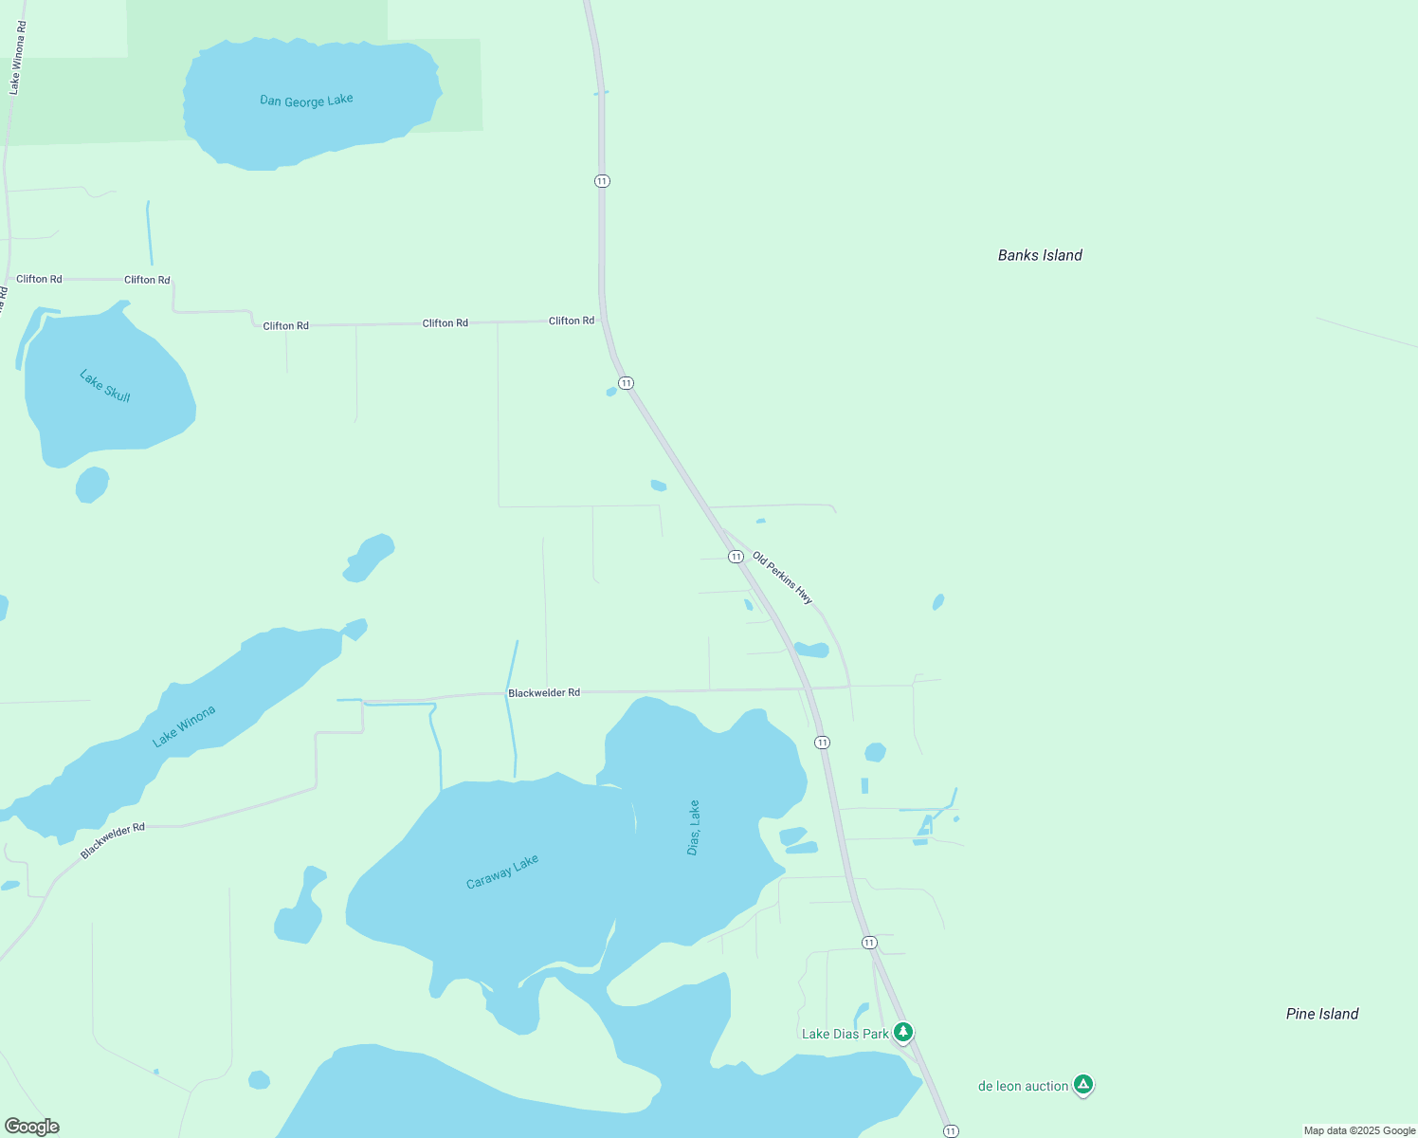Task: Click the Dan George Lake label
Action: click(306, 100)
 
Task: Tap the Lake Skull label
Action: click(105, 386)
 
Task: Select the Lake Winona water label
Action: click(184, 726)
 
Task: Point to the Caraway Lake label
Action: click(502, 872)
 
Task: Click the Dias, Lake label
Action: click(694, 828)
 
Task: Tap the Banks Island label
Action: click(1040, 255)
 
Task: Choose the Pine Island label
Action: click(1321, 1014)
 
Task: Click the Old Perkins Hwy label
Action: click(782, 578)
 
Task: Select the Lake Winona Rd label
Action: click(16, 58)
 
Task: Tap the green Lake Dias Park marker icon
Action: click(903, 1031)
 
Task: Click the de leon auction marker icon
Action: click(1083, 1084)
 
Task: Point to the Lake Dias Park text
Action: click(845, 1034)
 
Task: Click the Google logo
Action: click(32, 1127)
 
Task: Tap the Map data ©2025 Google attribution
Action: click(1359, 1130)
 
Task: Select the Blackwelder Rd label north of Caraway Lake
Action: click(544, 693)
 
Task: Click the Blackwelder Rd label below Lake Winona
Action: click(113, 841)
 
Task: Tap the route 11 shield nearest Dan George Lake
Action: click(602, 181)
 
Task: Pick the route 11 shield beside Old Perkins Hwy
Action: click(736, 557)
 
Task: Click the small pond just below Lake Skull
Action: click(92, 485)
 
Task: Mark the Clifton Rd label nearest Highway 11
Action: click(572, 321)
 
